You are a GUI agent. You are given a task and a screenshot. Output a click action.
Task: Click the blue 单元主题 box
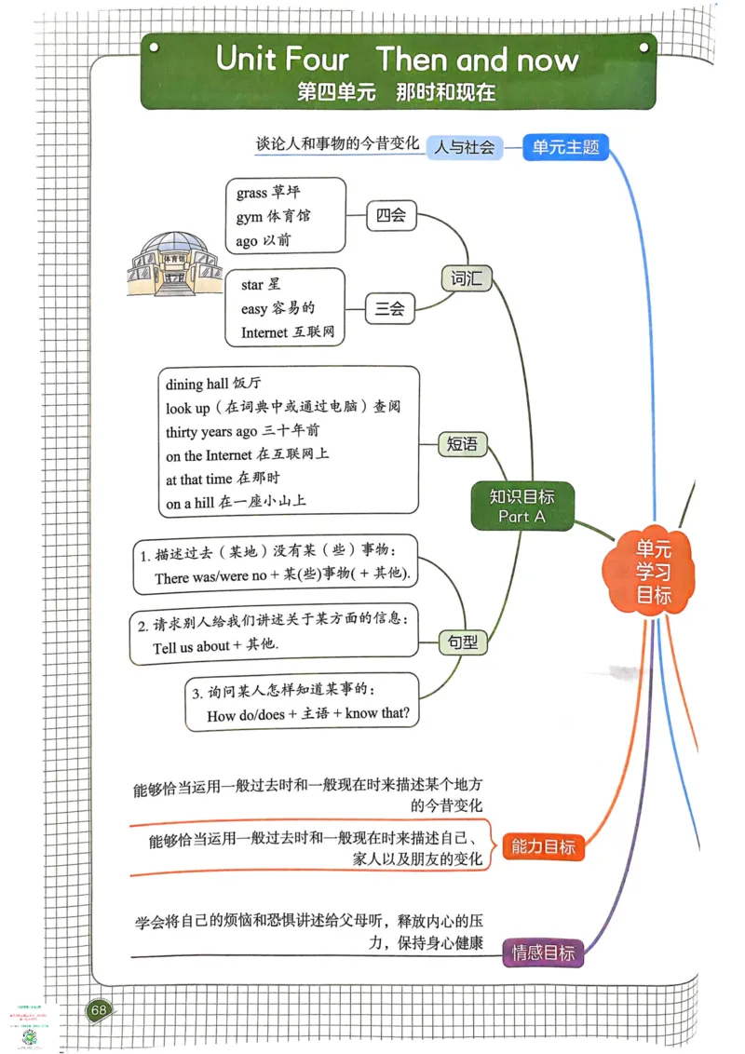565,146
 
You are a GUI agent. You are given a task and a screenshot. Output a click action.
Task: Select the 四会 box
390,216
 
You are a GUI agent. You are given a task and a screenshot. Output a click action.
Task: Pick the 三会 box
390,310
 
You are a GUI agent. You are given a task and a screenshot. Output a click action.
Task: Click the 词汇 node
465,277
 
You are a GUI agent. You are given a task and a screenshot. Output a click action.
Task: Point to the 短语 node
463,444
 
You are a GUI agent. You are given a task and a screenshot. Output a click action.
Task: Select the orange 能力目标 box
543,846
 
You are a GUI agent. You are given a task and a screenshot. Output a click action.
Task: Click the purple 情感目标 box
543,952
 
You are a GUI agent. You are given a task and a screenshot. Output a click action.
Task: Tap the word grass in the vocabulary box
251,193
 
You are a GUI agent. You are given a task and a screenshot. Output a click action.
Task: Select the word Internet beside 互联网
264,332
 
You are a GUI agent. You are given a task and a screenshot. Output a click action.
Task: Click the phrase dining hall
197,384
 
